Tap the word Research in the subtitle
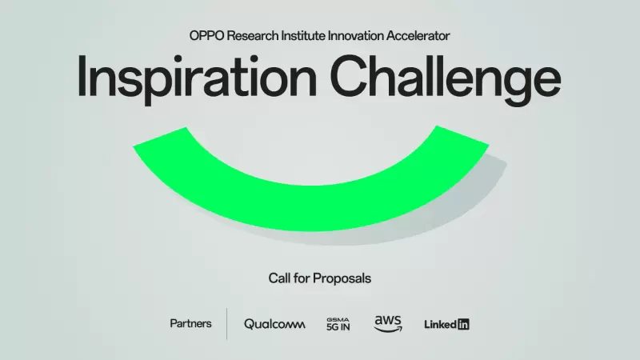click(252, 36)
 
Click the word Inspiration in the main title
click(197, 78)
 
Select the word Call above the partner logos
click(279, 278)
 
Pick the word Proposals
click(342, 278)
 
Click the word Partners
click(190, 324)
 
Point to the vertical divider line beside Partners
click(227, 324)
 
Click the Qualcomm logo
click(274, 324)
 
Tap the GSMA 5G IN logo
click(338, 324)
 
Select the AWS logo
click(388, 324)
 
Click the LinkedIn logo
click(446, 325)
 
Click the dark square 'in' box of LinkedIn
click(463, 325)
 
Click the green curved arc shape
click(311, 208)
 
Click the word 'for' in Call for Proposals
click(302, 278)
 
